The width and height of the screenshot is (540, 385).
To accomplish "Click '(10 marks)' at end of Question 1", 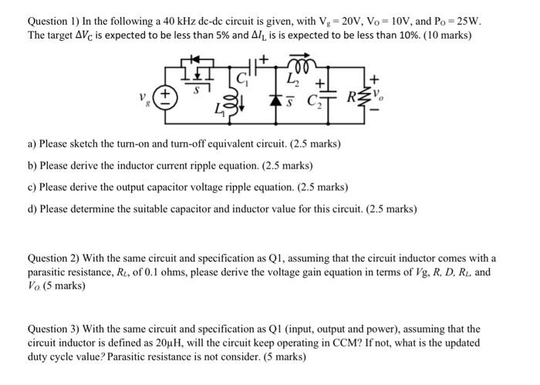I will [449, 35].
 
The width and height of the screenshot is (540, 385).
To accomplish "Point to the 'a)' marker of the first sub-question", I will [32, 144].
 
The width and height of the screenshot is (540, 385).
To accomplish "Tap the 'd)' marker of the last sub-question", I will [32, 208].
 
